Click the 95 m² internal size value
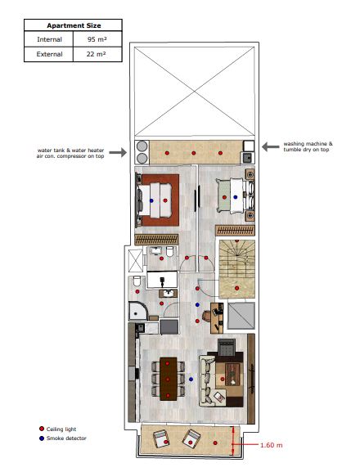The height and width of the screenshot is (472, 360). click(97, 39)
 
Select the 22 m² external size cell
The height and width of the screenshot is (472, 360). click(97, 54)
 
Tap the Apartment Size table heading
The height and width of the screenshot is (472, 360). click(74, 25)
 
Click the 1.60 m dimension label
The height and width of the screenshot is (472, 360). click(272, 445)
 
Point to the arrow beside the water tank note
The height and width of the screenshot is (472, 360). click(118, 152)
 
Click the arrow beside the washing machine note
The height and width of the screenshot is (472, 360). click(271, 147)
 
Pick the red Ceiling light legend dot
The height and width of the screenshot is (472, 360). click(42, 429)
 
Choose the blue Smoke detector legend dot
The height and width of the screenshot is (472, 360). click(42, 438)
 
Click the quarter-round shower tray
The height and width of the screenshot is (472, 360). click(138, 311)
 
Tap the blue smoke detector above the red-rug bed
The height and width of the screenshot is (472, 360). click(151, 200)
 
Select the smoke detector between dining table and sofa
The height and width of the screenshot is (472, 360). click(191, 380)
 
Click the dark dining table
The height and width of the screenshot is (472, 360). click(168, 379)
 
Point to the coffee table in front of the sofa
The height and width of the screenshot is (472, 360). click(232, 375)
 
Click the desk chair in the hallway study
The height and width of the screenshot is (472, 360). click(207, 316)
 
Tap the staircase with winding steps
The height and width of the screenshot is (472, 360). click(237, 269)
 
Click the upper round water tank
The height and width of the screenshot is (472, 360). click(142, 146)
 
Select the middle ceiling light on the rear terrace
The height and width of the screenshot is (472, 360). click(194, 153)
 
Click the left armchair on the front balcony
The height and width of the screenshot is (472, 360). click(161, 439)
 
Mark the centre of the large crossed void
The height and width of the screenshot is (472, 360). click(194, 91)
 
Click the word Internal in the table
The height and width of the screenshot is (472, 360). click(49, 39)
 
